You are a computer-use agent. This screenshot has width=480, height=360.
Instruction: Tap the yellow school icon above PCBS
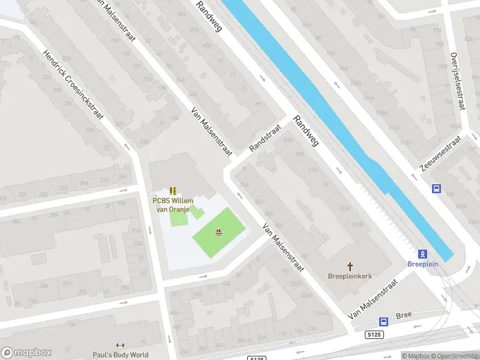click(x=173, y=191)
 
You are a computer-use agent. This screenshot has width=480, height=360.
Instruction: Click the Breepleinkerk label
click(x=350, y=277)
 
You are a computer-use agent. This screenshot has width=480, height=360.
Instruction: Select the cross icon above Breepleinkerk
click(x=350, y=266)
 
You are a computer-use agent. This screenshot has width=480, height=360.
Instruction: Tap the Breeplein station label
click(x=422, y=264)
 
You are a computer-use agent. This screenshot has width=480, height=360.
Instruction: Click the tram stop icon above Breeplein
click(x=422, y=254)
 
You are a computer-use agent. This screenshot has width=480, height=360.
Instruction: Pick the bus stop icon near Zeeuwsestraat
click(x=436, y=188)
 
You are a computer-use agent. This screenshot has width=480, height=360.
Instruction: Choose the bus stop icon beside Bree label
click(x=383, y=321)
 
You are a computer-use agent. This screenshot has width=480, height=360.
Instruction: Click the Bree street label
click(x=404, y=316)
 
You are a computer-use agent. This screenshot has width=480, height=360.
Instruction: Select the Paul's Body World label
click(x=120, y=355)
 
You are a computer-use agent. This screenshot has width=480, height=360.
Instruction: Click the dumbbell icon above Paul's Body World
click(x=120, y=346)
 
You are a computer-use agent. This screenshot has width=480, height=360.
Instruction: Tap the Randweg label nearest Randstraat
click(x=305, y=131)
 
